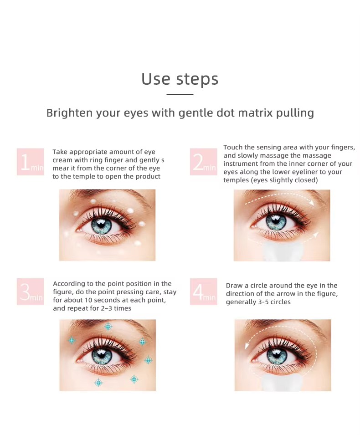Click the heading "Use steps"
180,79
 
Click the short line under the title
180,95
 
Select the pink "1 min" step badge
30,162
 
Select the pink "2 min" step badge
203,162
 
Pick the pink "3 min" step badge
30,292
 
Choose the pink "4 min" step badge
203,292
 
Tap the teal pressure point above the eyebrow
108,327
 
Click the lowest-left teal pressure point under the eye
98,383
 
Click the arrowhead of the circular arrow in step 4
247,346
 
